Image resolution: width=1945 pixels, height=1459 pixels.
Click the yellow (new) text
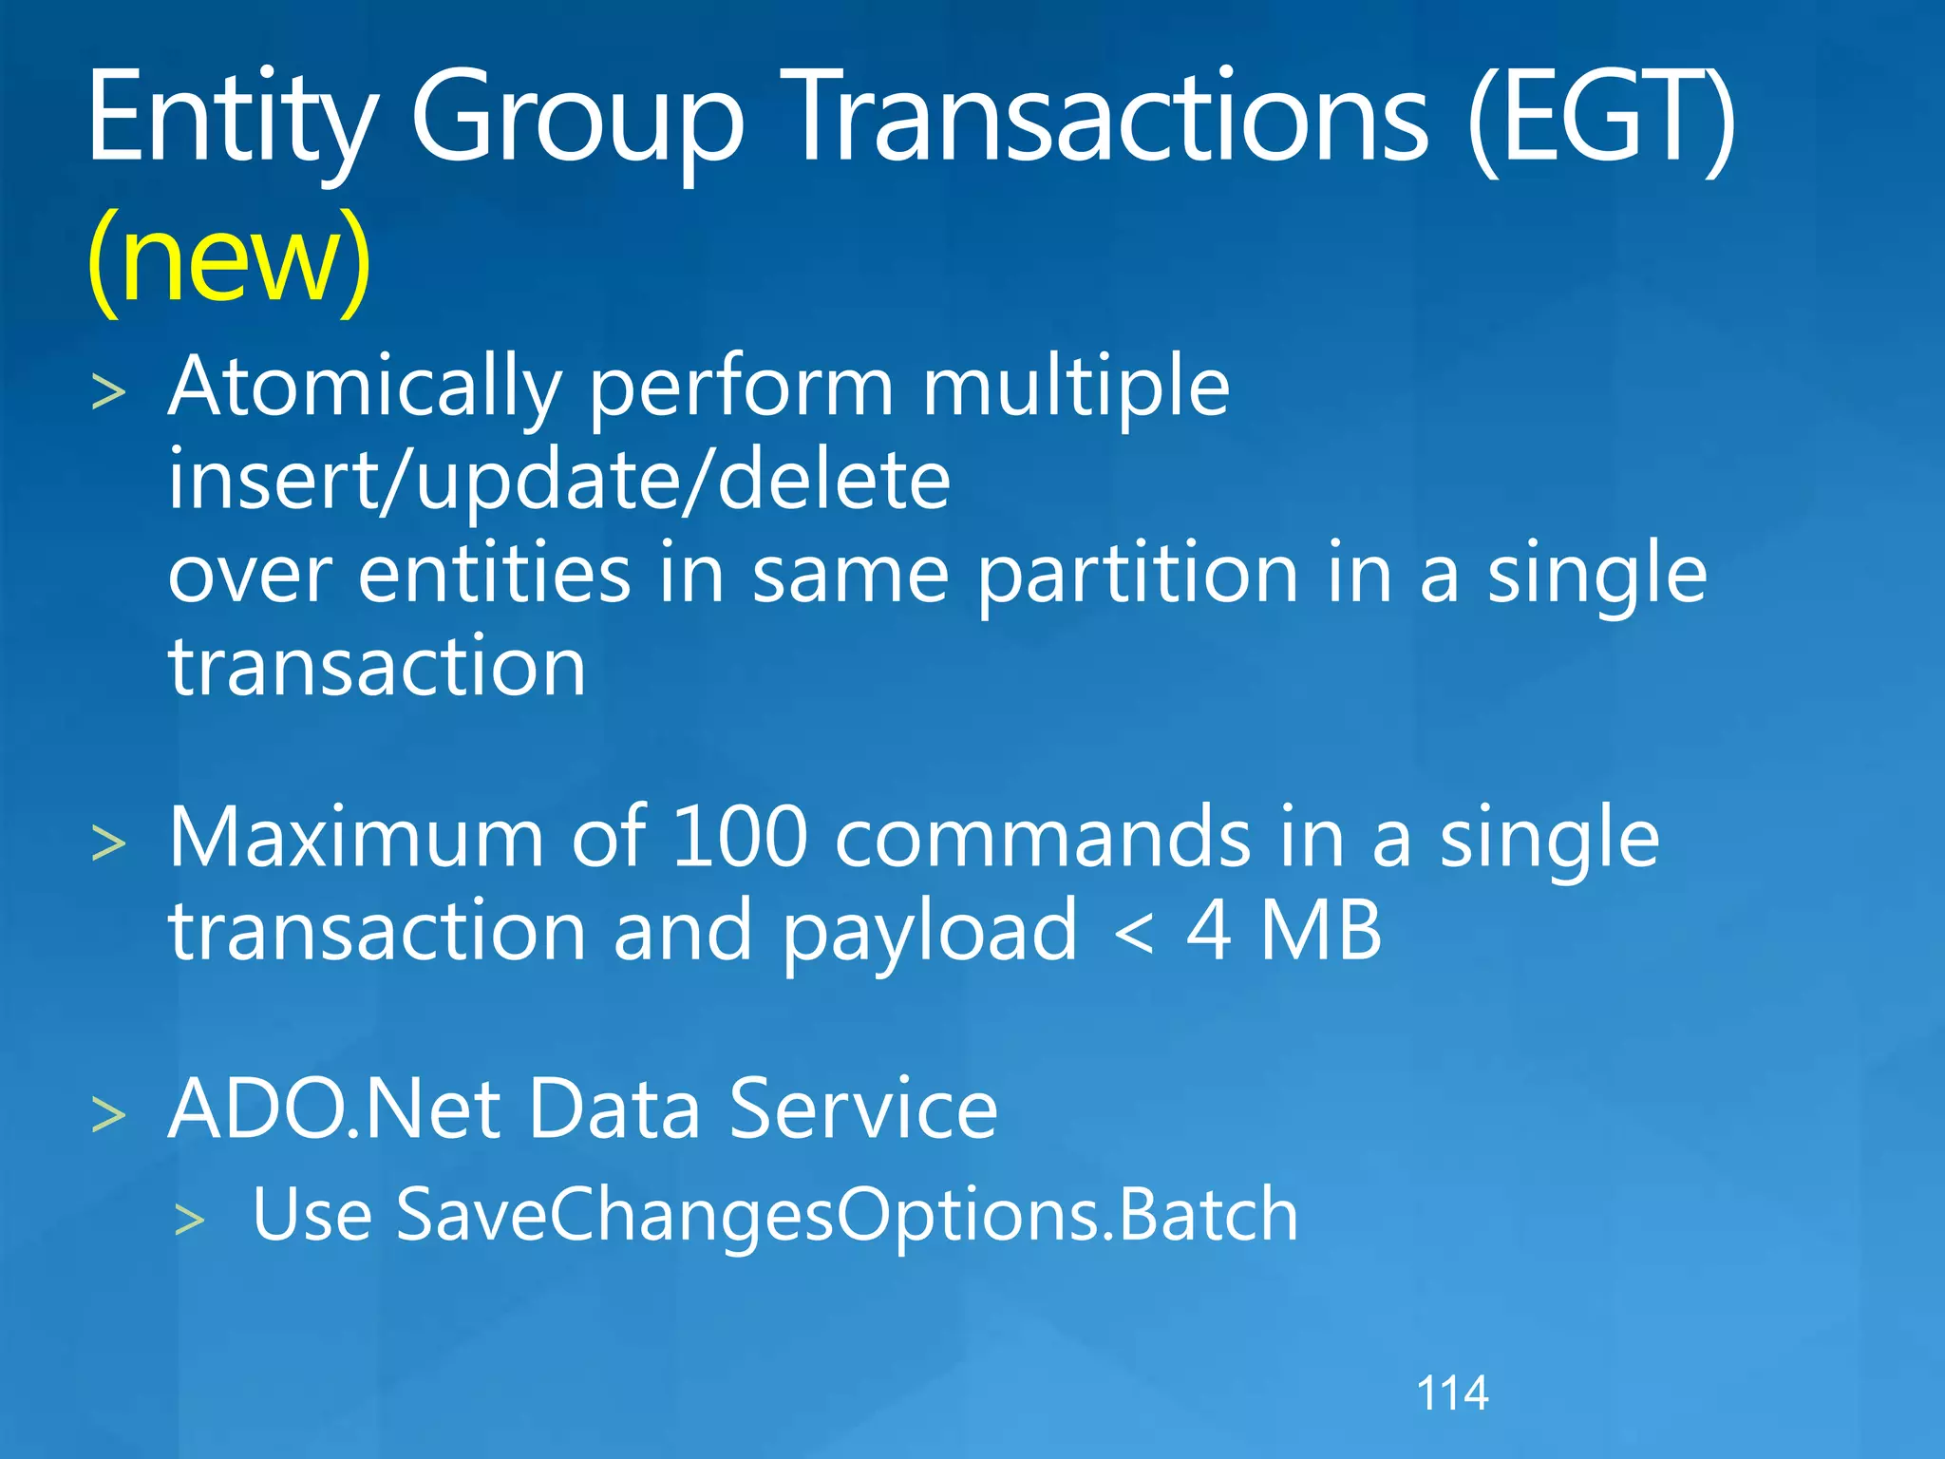click(x=229, y=258)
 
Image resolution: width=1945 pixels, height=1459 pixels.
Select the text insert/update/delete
click(x=559, y=481)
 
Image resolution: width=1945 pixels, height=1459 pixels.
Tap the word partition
click(x=1138, y=576)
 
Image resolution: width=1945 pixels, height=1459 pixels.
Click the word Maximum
click(x=356, y=838)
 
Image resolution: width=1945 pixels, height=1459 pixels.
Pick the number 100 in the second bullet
click(x=740, y=838)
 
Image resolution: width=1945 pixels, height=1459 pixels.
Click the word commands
click(x=1043, y=838)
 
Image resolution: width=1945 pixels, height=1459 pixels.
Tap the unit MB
click(x=1321, y=931)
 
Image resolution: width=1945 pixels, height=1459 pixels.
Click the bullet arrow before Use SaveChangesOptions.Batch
click(x=190, y=1220)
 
